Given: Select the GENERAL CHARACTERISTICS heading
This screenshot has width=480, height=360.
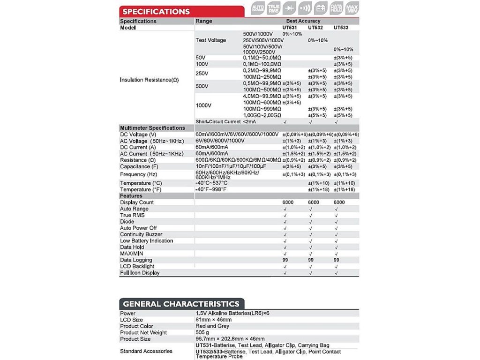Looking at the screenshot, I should tap(181, 304).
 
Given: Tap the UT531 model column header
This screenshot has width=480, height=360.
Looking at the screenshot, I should tap(290, 28).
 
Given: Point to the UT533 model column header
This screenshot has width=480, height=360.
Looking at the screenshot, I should tap(341, 28).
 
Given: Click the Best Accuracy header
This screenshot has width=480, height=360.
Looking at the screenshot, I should tap(303, 21).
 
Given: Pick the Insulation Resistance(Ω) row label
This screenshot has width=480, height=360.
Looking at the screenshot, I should tap(149, 80).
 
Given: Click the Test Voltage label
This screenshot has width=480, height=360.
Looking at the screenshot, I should tap(210, 40).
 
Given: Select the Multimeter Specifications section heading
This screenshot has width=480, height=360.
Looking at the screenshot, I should tap(152, 128).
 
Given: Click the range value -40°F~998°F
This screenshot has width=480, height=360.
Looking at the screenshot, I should tap(211, 189).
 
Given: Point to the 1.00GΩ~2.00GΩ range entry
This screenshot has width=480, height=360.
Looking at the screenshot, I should tap(262, 115).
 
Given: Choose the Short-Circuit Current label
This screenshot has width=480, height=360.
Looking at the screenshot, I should tap(217, 122).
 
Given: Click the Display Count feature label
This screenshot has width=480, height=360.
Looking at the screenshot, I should tap(137, 202).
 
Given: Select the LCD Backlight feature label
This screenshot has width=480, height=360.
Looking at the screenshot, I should tap(137, 266).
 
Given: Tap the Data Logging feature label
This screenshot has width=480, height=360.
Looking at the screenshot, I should tap(136, 260).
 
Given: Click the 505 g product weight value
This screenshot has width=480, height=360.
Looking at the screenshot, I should tap(202, 333).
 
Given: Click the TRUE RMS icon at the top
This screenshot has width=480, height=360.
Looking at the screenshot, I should tap(274, 8).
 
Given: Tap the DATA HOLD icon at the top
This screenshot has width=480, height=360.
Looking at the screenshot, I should tap(336, 8).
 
